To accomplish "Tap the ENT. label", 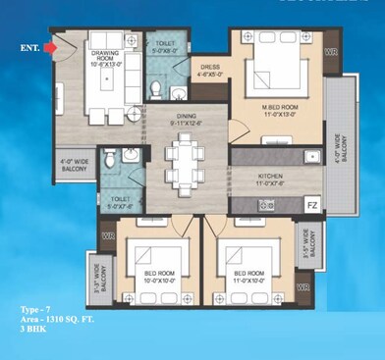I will pos(30,46).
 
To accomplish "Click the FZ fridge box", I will pos(311,205).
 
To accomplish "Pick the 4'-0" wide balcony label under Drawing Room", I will pos(74,164).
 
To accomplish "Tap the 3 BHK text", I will pos(33,330).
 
